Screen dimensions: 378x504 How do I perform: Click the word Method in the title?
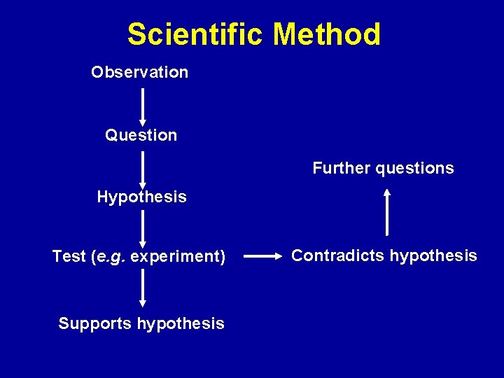(326, 34)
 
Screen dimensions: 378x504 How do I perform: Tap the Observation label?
(139, 72)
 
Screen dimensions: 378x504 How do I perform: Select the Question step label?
(141, 135)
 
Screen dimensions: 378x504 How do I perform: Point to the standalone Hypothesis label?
(141, 197)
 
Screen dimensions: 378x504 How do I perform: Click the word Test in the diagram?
(69, 257)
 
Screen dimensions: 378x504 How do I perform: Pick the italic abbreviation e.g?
(111, 257)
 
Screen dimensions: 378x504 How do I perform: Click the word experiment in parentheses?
(175, 257)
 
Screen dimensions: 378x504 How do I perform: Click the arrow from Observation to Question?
(143, 106)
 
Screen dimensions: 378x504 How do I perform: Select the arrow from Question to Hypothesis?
(143, 169)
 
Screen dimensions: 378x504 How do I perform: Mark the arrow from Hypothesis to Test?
(143, 229)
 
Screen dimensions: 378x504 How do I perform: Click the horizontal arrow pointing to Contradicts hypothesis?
(262, 257)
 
